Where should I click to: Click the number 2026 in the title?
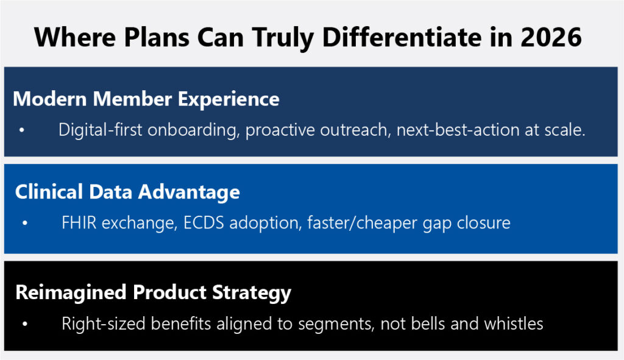tap(551, 37)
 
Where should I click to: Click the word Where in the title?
tap(75, 37)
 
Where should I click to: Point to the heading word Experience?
tap(229, 99)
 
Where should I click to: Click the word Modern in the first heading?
tap(50, 99)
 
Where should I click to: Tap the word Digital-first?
tap(101, 130)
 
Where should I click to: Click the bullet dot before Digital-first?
tap(22, 130)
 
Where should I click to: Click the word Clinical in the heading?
tap(49, 192)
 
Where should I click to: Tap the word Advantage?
tap(189, 193)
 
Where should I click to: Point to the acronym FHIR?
tap(79, 223)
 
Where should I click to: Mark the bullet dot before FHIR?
tap(25, 223)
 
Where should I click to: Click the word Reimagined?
tap(71, 293)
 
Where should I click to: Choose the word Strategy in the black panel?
tap(252, 294)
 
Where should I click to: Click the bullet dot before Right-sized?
tap(25, 324)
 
